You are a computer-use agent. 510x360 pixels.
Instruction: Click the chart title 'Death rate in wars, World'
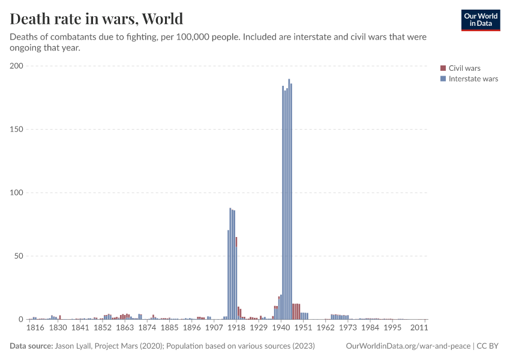click(x=97, y=19)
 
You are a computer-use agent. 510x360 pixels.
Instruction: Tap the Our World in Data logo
click(x=480, y=20)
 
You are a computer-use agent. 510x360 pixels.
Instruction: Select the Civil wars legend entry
click(x=464, y=68)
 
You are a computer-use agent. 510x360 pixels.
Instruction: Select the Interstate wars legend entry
click(x=473, y=79)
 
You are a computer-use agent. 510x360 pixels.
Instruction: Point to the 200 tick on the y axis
click(x=16, y=66)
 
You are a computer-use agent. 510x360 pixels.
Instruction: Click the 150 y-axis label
click(x=16, y=129)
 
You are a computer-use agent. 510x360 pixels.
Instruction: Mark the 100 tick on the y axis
click(x=16, y=193)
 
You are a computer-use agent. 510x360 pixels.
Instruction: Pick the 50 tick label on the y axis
click(x=18, y=256)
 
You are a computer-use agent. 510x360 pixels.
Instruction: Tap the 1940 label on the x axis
click(x=281, y=328)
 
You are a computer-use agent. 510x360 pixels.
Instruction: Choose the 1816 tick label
click(x=35, y=328)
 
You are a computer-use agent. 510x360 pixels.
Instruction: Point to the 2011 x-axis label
click(x=418, y=328)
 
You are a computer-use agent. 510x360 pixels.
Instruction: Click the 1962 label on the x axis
click(x=326, y=328)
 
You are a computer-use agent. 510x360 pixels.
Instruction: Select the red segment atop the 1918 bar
click(x=236, y=241)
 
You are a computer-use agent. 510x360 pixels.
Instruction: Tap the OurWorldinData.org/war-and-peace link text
click(x=409, y=346)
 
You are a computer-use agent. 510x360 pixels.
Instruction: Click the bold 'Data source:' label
click(x=31, y=346)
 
